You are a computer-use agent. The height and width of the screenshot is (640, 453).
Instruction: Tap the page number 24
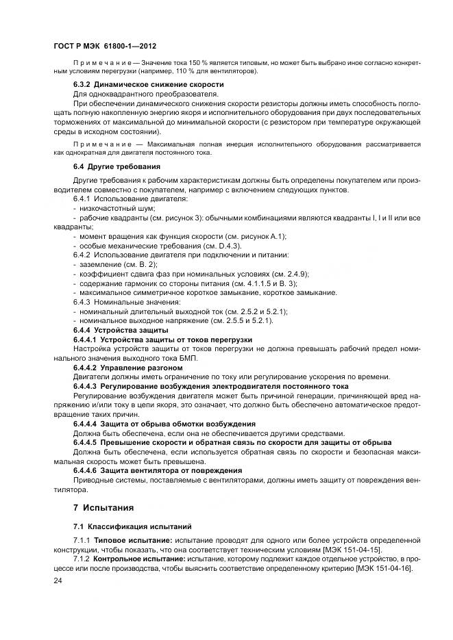(58, 580)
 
